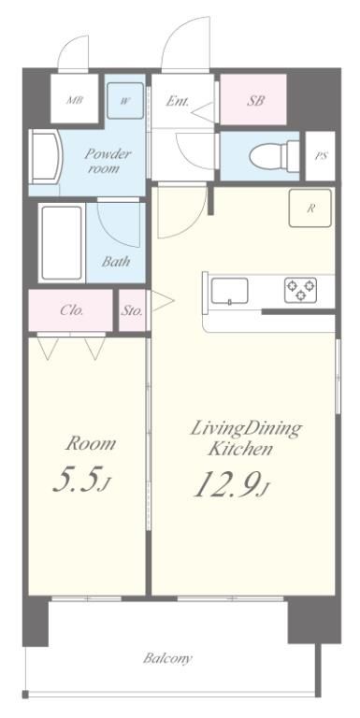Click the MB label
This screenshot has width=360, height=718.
pos(75,100)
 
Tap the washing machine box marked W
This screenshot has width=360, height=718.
pos(125,101)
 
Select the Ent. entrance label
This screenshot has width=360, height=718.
pos(178,101)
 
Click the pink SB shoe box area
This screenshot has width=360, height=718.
pos(253,99)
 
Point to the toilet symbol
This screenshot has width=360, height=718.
pos(274,156)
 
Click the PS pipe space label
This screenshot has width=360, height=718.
pos(321,156)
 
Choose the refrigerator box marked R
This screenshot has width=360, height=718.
pos(310,208)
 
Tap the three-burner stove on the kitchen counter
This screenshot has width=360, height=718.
pos(301,290)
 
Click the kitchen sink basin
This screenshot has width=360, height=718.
pos(229,291)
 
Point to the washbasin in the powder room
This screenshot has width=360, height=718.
pos(45,157)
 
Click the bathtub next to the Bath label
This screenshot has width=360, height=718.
pos(62,243)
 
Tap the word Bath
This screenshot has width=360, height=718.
pos(116,262)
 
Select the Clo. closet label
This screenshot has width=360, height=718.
pos(72,310)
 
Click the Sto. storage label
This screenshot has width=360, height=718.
pos(132,311)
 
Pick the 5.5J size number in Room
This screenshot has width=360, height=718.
pos(82,480)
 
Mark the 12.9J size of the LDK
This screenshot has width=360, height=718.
pos(230,483)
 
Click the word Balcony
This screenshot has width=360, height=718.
pos(167,658)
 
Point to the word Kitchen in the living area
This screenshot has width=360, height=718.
pos(240,449)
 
